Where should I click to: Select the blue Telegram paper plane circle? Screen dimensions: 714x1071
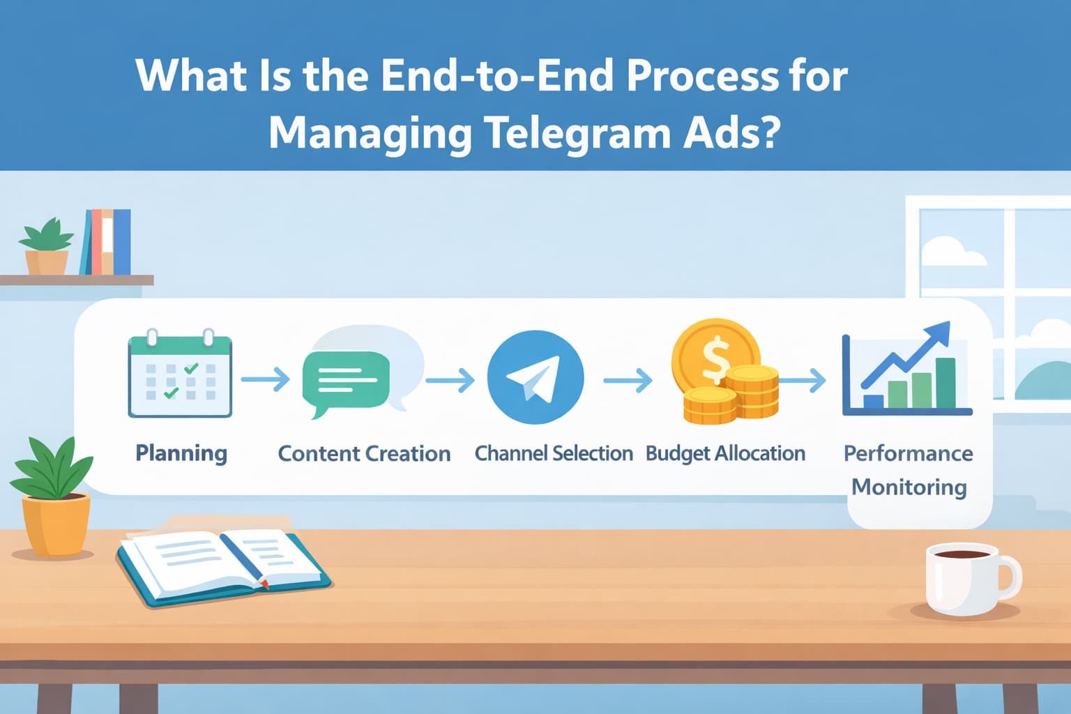pyautogui.click(x=535, y=377)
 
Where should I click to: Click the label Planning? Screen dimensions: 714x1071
pyautogui.click(x=181, y=453)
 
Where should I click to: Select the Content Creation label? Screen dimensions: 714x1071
pyautogui.click(x=364, y=454)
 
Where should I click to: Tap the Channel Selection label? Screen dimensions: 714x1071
pyautogui.click(x=554, y=454)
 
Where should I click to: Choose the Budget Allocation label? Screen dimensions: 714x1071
pyautogui.click(x=725, y=454)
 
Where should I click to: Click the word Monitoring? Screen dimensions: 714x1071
pyautogui.click(x=909, y=487)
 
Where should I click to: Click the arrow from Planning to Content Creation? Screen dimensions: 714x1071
pyautogui.click(x=266, y=379)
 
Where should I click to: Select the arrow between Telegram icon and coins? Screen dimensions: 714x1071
pyautogui.click(x=628, y=380)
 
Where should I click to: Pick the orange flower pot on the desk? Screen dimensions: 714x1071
pyautogui.click(x=56, y=523)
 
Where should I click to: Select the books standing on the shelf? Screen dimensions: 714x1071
pyautogui.click(x=106, y=242)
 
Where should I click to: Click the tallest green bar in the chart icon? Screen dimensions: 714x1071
pyautogui.click(x=945, y=383)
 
